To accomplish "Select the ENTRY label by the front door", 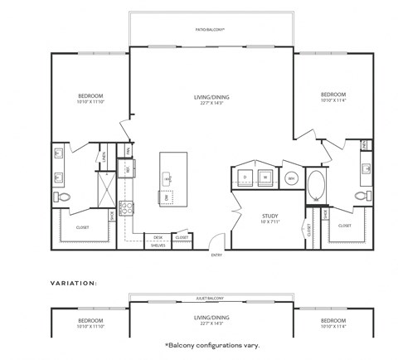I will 217,255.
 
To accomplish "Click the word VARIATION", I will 74,282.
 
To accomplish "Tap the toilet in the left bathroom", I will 63,197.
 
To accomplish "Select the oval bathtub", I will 317,185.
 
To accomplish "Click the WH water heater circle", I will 291,178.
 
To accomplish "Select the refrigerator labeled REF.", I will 129,169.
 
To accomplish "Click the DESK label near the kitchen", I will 157,237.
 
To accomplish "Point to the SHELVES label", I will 157,245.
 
